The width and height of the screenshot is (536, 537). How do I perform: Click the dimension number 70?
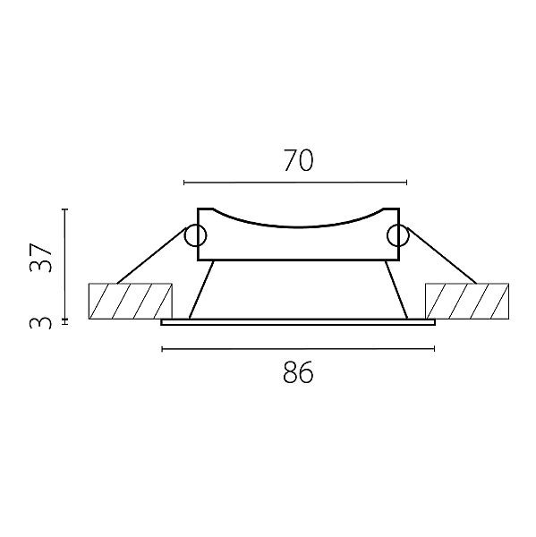(298, 160)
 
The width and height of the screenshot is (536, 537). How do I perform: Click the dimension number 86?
(298, 372)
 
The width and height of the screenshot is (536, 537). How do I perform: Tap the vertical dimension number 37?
(41, 258)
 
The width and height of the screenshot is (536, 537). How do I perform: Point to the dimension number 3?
(41, 323)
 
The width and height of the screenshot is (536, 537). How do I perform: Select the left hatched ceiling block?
(130, 301)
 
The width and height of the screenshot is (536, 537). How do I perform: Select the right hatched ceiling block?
(467, 301)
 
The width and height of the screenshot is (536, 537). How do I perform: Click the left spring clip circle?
(195, 235)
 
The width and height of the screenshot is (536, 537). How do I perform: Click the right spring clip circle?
(398, 235)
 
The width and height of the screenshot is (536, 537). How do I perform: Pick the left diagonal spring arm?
(151, 256)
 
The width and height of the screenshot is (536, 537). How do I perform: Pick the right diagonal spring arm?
(442, 256)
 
